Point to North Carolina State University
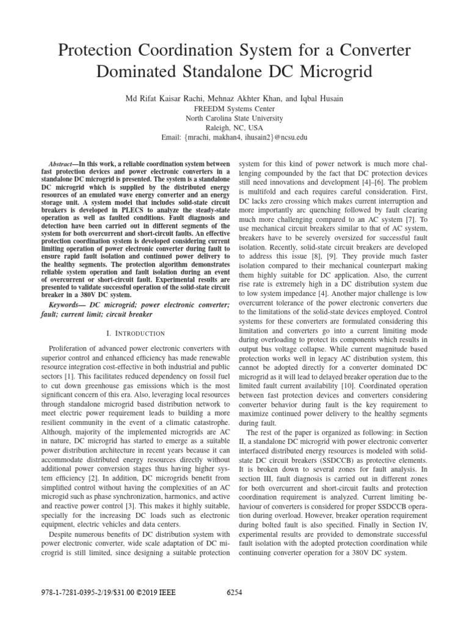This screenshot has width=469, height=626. click(x=234, y=118)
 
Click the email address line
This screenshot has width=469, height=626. click(x=234, y=138)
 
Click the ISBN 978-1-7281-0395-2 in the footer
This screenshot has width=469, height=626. click(x=68, y=594)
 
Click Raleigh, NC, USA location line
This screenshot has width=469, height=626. click(x=234, y=128)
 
